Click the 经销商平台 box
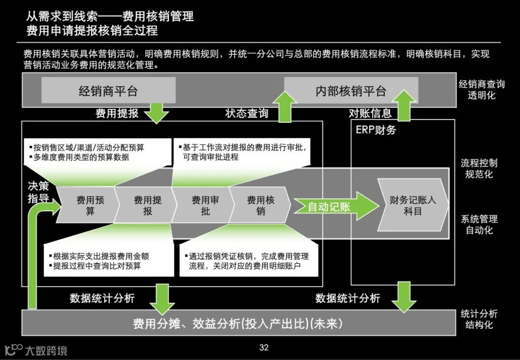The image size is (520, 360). (108, 90)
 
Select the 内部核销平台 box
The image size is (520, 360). (351, 90)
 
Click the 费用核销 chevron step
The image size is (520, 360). (260, 206)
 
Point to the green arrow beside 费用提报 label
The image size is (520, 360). (157, 113)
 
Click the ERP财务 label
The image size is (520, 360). (376, 130)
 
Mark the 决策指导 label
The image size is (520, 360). (38, 191)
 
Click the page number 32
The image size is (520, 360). (264, 347)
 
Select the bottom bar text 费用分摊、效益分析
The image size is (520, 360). (238, 324)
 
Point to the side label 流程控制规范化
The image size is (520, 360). (479, 168)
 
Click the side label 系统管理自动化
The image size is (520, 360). (479, 225)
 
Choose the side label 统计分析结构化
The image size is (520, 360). (479, 319)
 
